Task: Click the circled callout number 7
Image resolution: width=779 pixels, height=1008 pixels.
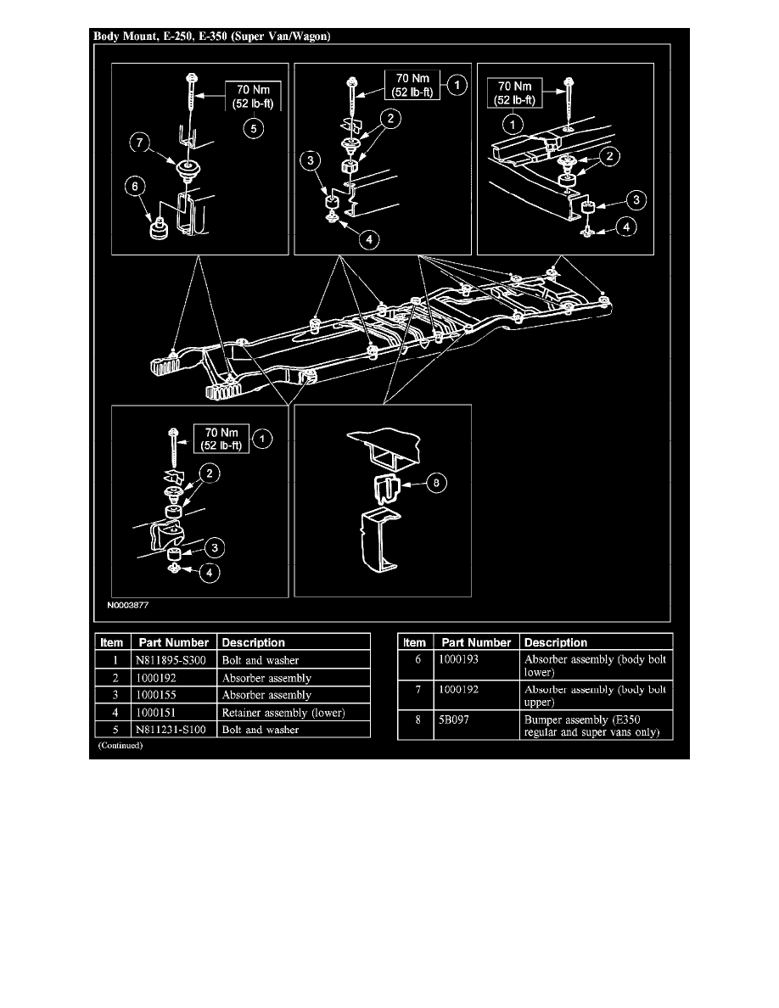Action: [x=139, y=142]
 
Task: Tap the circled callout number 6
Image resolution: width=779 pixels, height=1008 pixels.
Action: [x=134, y=187]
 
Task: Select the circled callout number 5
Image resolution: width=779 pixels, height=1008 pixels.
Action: [x=253, y=129]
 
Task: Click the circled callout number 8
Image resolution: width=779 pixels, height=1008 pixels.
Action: [x=436, y=483]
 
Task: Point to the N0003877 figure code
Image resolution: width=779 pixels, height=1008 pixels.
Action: [x=128, y=605]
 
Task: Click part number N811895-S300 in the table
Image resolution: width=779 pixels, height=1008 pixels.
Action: [x=171, y=660]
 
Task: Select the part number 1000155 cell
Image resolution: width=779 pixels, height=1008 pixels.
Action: [x=155, y=695]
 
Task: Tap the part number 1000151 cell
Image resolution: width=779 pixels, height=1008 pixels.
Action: [x=155, y=712]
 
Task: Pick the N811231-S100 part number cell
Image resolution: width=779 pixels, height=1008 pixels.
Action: [x=171, y=730]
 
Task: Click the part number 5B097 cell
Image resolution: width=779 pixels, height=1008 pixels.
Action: [x=454, y=720]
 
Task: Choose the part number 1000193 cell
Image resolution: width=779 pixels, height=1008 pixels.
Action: [x=458, y=659]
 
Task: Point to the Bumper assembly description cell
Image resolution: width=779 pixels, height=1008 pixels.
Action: [x=592, y=725]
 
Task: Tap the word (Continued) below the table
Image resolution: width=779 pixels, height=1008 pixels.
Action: [x=120, y=746]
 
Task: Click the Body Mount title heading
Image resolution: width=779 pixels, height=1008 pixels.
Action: [x=212, y=36]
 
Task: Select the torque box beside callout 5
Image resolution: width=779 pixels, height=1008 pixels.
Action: [x=253, y=97]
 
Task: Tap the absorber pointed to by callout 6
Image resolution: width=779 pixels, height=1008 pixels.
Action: [x=158, y=228]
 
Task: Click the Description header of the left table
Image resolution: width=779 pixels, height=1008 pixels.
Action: [x=253, y=642]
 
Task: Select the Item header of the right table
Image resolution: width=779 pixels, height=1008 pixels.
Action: [x=415, y=642]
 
